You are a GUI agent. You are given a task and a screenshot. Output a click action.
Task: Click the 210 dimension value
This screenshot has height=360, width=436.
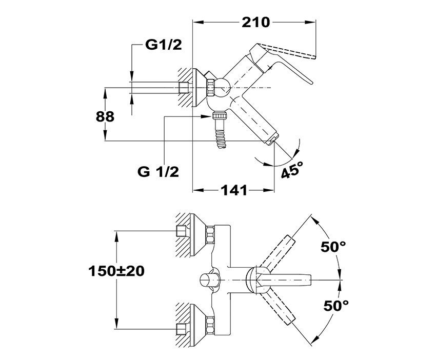pos(255,22)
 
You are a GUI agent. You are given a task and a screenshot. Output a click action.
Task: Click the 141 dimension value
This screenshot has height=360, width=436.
pos(234,190)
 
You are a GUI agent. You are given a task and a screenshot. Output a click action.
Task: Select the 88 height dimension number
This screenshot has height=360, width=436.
pos(105,116)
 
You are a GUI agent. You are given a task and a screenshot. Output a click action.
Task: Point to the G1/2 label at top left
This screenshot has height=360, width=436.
pos(163,46)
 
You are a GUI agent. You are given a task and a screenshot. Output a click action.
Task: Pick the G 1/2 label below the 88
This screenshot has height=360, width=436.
pos(158,172)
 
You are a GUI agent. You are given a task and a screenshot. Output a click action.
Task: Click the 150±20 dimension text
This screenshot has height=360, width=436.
pos(115,271)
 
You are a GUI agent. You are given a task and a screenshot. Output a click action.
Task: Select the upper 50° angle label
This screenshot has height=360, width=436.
pos(333,247)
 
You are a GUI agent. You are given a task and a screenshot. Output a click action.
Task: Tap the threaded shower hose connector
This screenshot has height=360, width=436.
pos(221,133)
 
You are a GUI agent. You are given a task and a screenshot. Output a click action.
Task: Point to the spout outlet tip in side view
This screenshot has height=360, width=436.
pos(272,139)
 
